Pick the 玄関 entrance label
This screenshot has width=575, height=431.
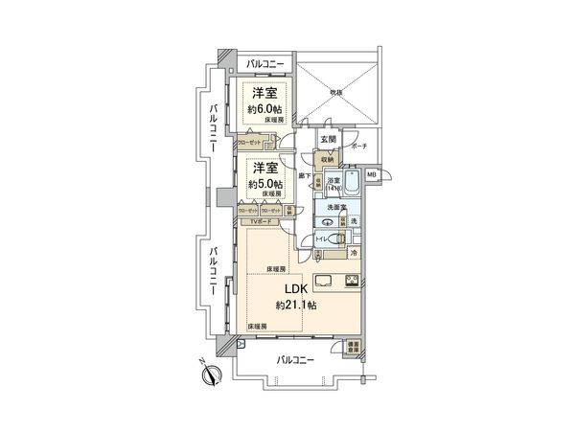tap(328, 140)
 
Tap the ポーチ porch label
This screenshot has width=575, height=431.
tap(359, 147)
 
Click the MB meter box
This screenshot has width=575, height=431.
tap(371, 175)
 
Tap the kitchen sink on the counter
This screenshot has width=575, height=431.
tap(322, 281)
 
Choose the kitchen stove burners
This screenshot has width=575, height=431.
tap(350, 281)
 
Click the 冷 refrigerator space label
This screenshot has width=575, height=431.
tap(354, 253)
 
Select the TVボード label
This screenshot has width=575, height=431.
tap(261, 222)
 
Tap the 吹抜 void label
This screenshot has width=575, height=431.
tap(336, 93)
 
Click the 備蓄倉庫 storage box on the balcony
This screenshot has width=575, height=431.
tap(354, 348)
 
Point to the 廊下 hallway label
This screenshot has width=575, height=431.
tap(303, 175)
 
